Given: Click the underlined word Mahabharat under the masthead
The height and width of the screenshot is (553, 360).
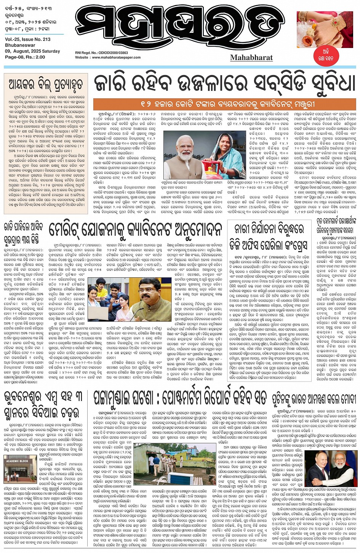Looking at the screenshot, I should [x=251, y=58].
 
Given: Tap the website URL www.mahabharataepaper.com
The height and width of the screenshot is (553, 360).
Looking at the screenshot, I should [x=116, y=58].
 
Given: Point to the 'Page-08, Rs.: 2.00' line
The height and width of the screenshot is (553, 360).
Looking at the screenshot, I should [x=25, y=57].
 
